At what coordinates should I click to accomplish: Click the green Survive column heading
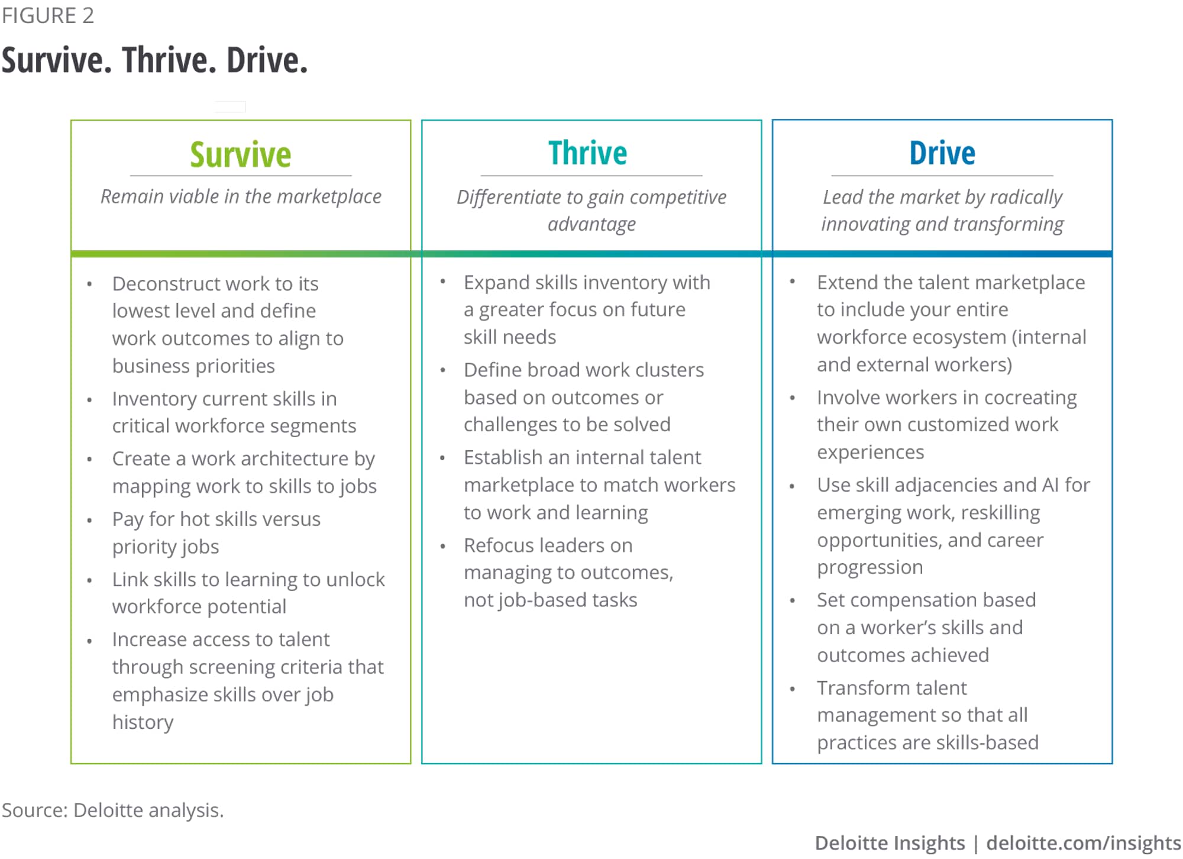tap(241, 154)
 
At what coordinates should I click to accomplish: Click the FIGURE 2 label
tap(48, 15)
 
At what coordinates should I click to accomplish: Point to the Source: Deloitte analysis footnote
tap(113, 810)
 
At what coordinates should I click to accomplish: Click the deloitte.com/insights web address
tap(1084, 843)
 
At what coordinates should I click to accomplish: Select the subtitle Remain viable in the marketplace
tap(241, 197)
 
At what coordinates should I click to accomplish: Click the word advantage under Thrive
tap(591, 225)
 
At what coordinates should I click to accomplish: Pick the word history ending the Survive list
tap(143, 722)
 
